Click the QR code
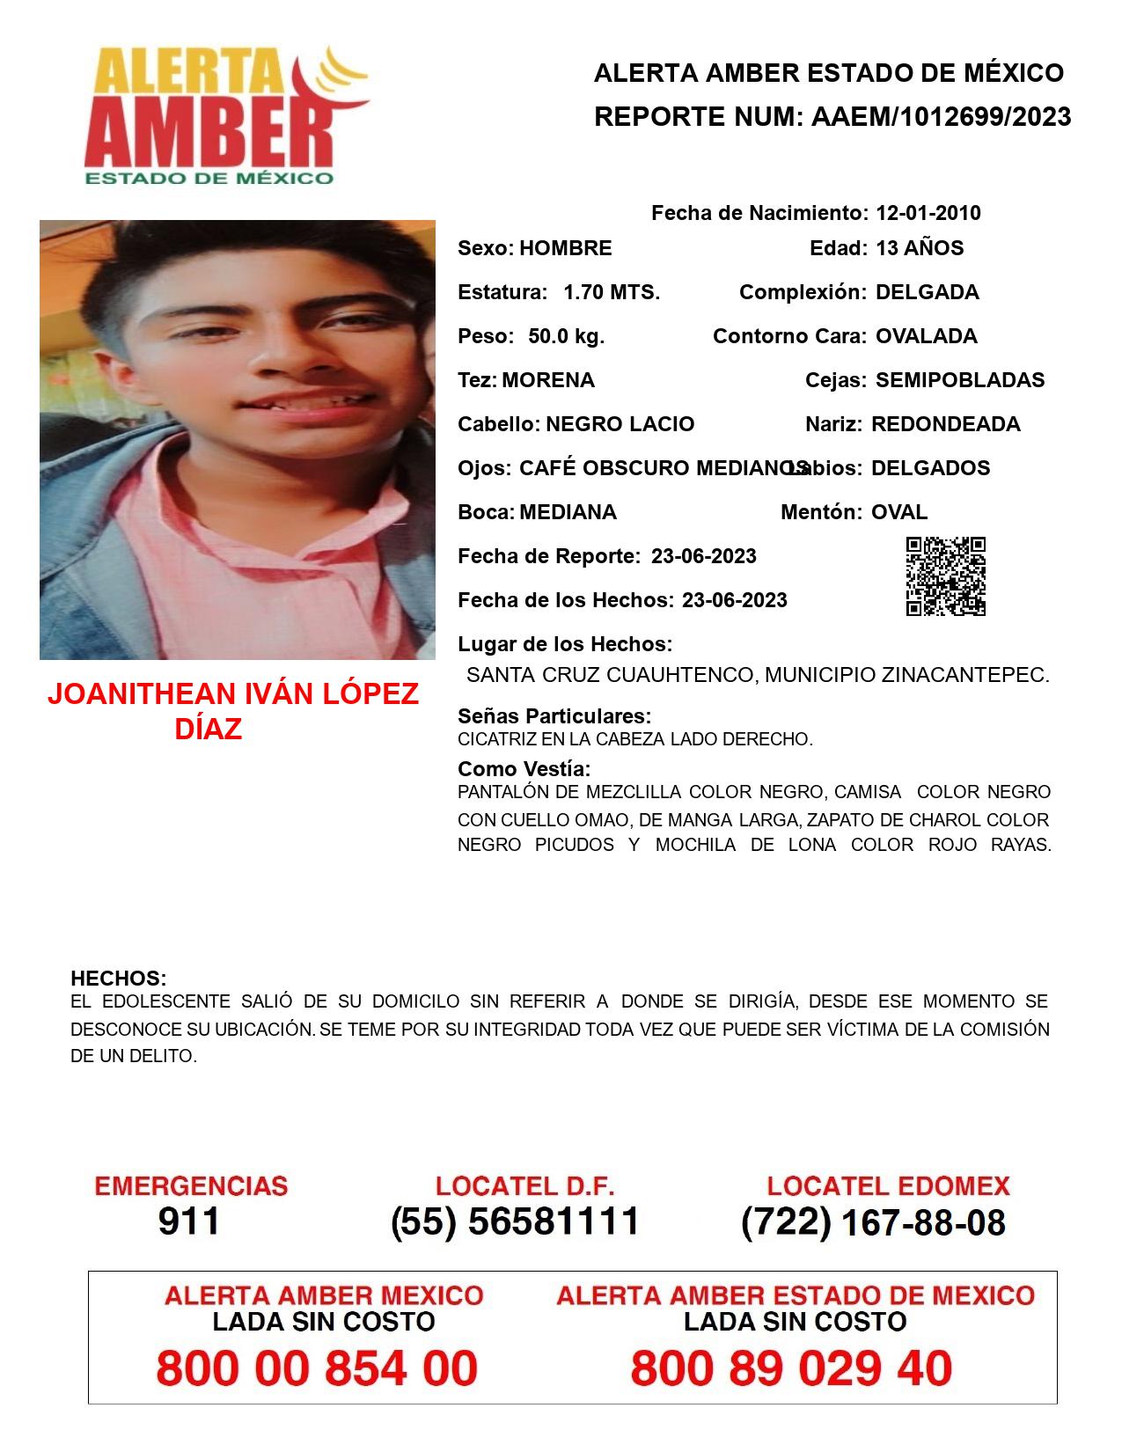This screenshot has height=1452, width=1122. pos(945,576)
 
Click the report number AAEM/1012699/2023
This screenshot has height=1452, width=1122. pos(941,116)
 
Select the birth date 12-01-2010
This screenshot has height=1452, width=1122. pos(928,213)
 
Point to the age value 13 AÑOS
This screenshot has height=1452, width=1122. pos(919,248)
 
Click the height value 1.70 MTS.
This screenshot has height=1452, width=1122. pos(611,292)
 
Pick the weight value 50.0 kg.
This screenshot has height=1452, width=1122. pos(566,336)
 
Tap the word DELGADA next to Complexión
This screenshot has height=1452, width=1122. pos(927,292)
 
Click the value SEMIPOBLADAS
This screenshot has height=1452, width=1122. pos(959,380)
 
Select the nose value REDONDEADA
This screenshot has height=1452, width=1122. pos(945,424)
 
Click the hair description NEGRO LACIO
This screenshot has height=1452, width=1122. pos(620,424)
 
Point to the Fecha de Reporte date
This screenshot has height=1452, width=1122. pos(703,556)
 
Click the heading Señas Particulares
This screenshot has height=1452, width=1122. pos(554,715)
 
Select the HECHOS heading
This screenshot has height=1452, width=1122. pos(118,978)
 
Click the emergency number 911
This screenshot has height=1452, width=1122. pos(188,1221)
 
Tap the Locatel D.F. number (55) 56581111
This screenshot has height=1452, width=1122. pos(515,1221)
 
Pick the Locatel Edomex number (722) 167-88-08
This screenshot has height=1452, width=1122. pos(873,1221)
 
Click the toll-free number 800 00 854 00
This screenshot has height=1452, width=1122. pos(317,1368)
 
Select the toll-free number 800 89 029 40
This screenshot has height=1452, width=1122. pos(791,1368)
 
